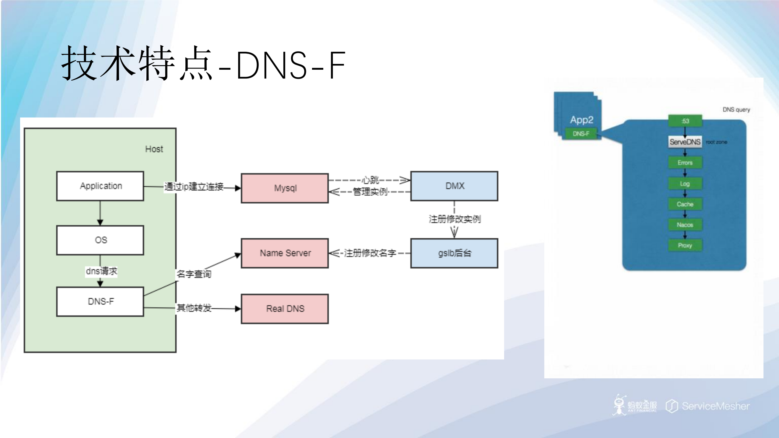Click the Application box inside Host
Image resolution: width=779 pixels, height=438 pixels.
tap(100, 186)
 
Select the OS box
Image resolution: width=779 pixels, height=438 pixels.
tap(100, 240)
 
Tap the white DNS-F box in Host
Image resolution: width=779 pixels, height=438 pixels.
tap(100, 302)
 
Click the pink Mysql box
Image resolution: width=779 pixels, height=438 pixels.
tap(285, 188)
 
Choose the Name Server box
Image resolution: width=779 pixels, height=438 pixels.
tap(285, 253)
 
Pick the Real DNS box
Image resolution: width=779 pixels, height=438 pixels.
tap(285, 309)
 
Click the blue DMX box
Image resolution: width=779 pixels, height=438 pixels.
tap(454, 186)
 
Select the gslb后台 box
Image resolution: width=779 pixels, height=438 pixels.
tap(454, 253)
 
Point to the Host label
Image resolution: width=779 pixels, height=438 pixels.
tap(154, 149)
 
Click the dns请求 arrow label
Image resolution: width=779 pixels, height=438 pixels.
tap(101, 271)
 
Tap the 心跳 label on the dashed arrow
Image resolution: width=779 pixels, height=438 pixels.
tap(370, 180)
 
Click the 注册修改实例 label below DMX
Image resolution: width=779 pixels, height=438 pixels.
tap(454, 219)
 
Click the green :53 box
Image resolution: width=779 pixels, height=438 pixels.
tap(685, 121)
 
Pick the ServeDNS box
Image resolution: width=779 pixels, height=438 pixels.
tap(685, 142)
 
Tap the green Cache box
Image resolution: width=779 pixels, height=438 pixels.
tap(685, 204)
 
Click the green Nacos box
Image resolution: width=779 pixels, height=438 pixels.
tap(685, 225)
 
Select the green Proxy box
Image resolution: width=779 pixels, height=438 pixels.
tap(685, 245)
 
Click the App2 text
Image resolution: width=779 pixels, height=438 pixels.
tap(581, 120)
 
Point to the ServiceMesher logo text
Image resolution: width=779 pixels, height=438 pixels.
tap(715, 406)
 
